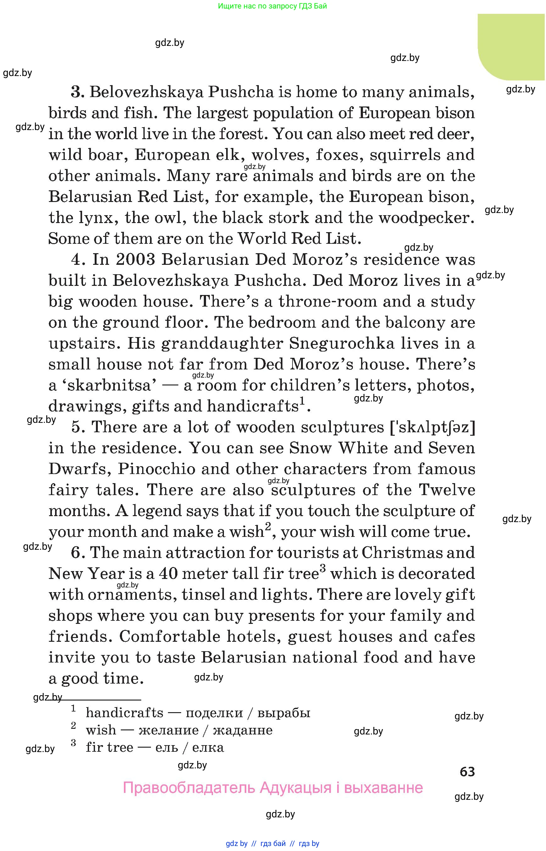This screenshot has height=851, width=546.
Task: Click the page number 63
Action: pos(467,772)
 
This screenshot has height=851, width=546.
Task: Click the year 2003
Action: pos(136,259)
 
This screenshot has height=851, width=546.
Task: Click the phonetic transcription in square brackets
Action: pos(432,428)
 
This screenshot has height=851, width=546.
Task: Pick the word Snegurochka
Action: pos(342,344)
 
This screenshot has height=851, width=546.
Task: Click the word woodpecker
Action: pos(426,218)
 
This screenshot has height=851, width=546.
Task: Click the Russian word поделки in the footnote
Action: pos(214,712)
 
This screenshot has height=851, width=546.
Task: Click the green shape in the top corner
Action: pos(510,46)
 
